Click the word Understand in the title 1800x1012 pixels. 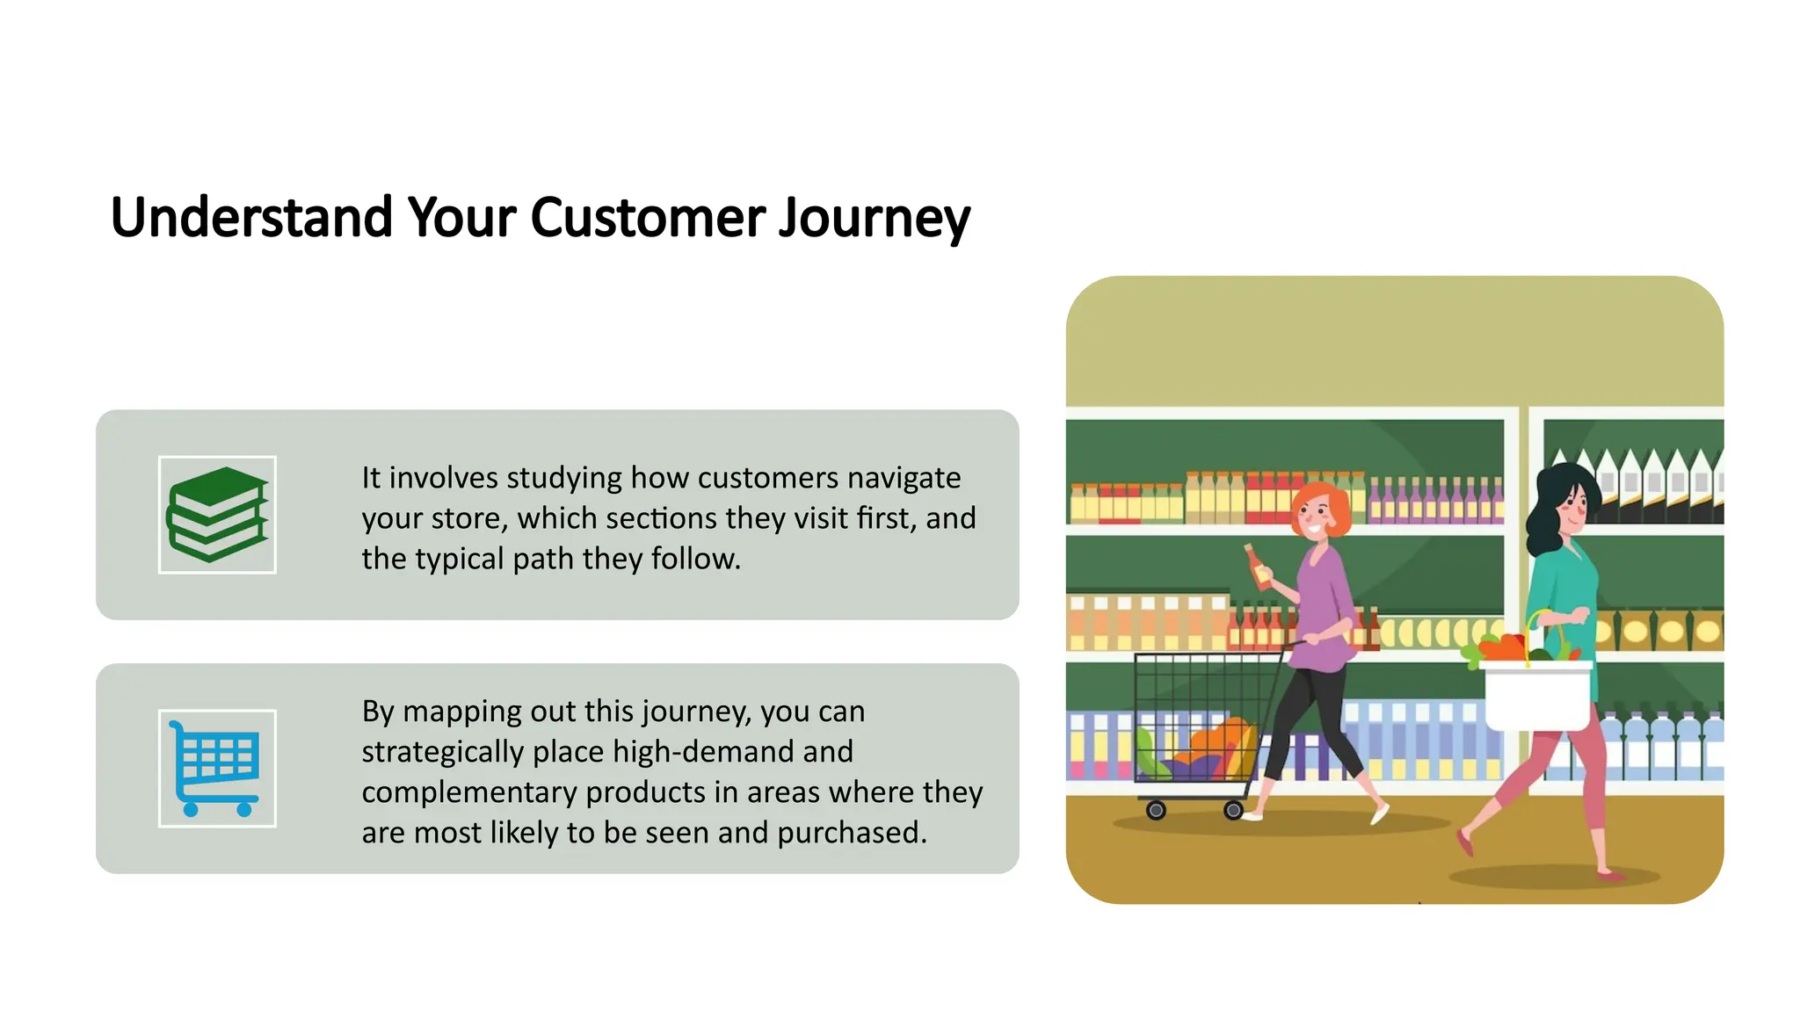tap(251, 218)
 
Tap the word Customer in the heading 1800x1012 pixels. tap(648, 218)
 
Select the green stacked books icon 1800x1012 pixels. tap(217, 515)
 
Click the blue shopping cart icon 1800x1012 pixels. tap(217, 768)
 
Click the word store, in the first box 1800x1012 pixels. tap(468, 518)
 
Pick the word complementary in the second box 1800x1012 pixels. tap(468, 792)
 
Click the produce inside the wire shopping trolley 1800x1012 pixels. tap(1195, 747)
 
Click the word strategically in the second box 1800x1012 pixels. tap(443, 752)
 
